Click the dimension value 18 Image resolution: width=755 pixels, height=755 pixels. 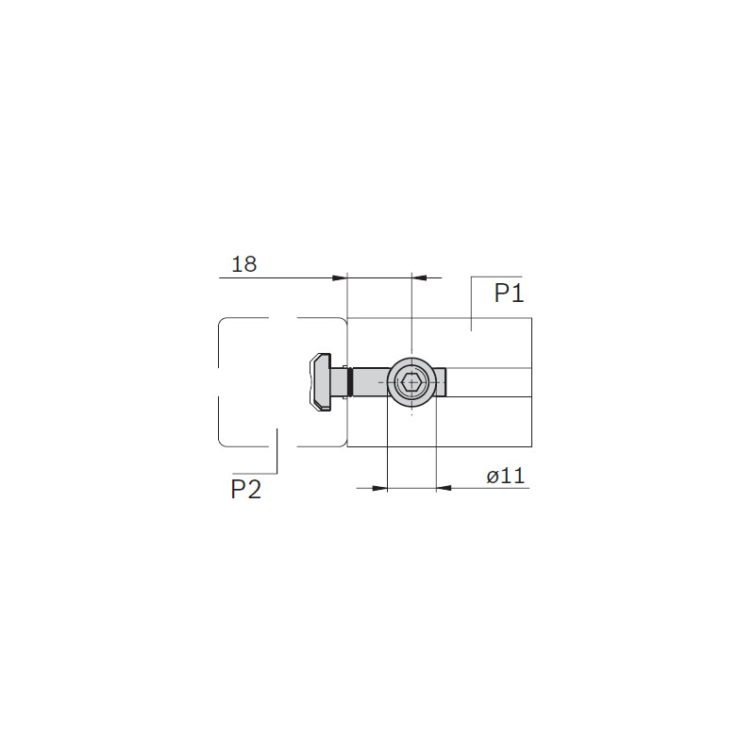point(244,264)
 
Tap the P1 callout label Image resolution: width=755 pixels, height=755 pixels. point(509,293)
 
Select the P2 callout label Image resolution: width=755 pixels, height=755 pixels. point(246,489)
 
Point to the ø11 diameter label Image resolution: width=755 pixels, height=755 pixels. point(506,477)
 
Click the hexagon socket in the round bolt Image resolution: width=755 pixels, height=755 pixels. point(411,383)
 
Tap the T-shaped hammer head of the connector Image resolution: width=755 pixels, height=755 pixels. point(320,382)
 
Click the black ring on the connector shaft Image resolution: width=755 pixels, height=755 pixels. point(350,382)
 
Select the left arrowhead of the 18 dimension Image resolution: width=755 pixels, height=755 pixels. point(340,277)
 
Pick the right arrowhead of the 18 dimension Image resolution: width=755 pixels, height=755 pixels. point(419,277)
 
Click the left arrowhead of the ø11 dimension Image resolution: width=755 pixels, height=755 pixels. point(380,488)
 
